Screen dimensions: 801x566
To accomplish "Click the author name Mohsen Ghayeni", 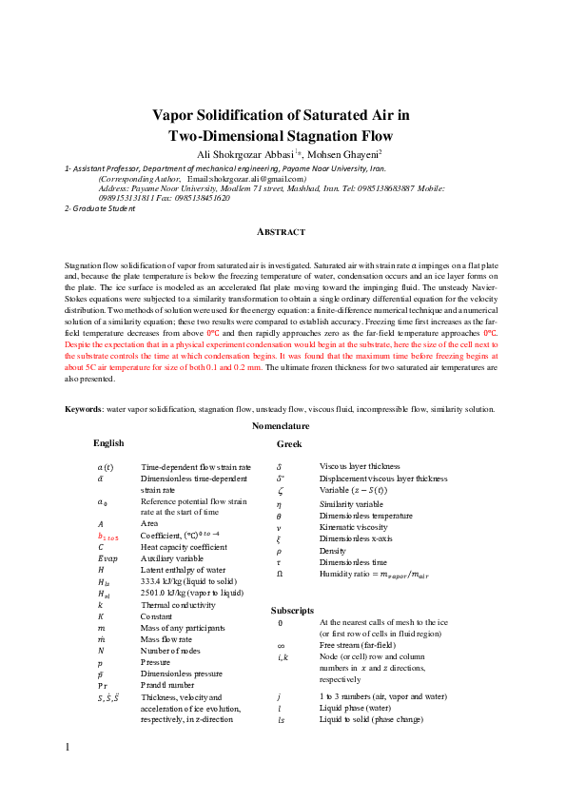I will pyautogui.click(x=343, y=153).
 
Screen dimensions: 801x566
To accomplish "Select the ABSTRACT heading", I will pyautogui.click(x=283, y=232).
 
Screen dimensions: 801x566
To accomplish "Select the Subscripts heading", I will pyautogui.click(x=292, y=609).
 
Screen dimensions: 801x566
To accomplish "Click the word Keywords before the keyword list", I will pyautogui.click(x=83, y=435).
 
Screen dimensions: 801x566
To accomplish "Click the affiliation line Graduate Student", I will pyautogui.click(x=103, y=208).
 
